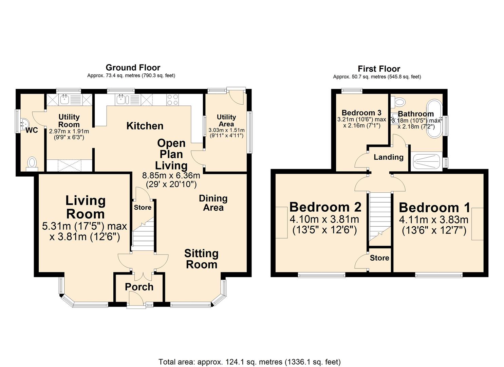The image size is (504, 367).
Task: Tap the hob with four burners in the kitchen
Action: coord(172,100)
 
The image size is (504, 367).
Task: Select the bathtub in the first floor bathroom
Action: coord(434,119)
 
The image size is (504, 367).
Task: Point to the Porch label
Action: coord(139,287)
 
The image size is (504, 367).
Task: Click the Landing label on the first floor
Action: coord(389,157)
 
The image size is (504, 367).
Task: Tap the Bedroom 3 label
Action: coord(361,112)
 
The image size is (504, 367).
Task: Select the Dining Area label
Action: coord(213,203)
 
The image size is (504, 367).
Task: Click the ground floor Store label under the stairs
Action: coord(143,207)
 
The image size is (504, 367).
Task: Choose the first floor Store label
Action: coord(379,258)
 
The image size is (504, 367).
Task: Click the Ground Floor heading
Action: coord(133,67)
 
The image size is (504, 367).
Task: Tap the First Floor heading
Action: coord(379,69)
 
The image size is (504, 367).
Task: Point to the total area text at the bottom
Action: coord(249,362)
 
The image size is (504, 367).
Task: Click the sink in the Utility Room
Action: coord(65,99)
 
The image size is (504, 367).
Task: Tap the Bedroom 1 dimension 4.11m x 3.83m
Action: coord(434,220)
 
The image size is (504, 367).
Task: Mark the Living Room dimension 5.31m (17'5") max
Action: coord(85,226)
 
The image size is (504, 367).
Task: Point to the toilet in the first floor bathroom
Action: coord(399,101)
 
